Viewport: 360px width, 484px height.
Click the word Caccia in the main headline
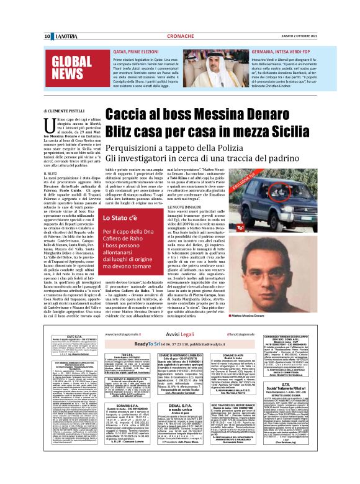(x=128, y=114)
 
